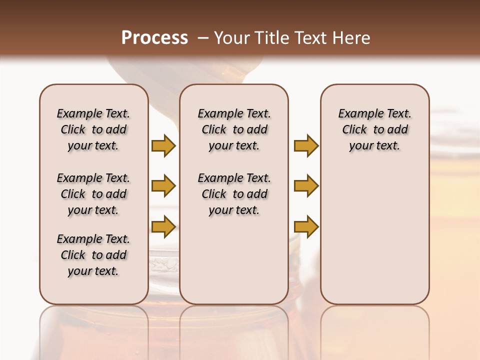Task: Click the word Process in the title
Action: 154,38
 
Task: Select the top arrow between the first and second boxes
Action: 163,145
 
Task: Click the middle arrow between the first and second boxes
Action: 163,186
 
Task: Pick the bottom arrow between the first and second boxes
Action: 163,227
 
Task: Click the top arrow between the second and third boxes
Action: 306,145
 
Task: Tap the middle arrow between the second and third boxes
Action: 306,186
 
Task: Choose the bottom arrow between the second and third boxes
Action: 306,227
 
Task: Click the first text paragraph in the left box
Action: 93,129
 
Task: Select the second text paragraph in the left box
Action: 93,194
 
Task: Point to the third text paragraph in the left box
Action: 93,255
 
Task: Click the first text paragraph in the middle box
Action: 234,129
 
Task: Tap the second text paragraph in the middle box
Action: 234,194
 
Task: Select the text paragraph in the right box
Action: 375,129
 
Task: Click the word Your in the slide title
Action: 231,38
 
